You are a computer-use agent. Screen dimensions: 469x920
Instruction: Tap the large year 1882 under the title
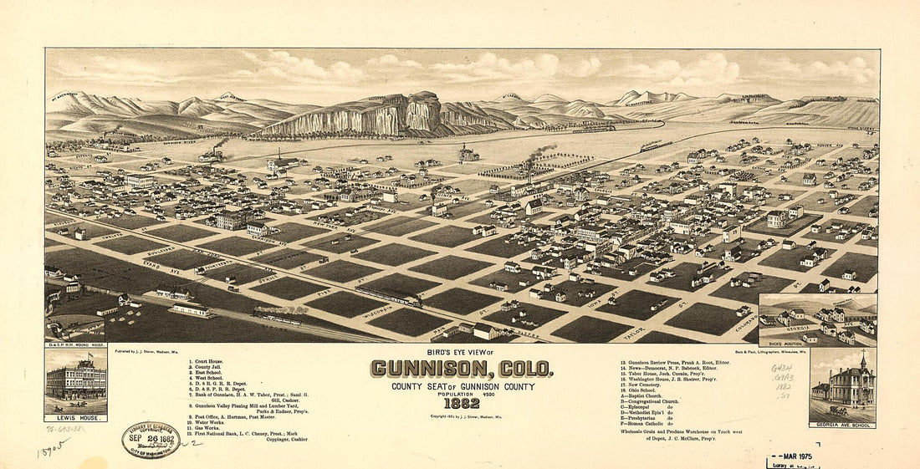pos(463,403)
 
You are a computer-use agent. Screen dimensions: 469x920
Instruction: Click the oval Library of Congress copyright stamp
pos(151,440)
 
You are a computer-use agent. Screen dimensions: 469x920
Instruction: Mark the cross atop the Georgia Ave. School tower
pos(863,352)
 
